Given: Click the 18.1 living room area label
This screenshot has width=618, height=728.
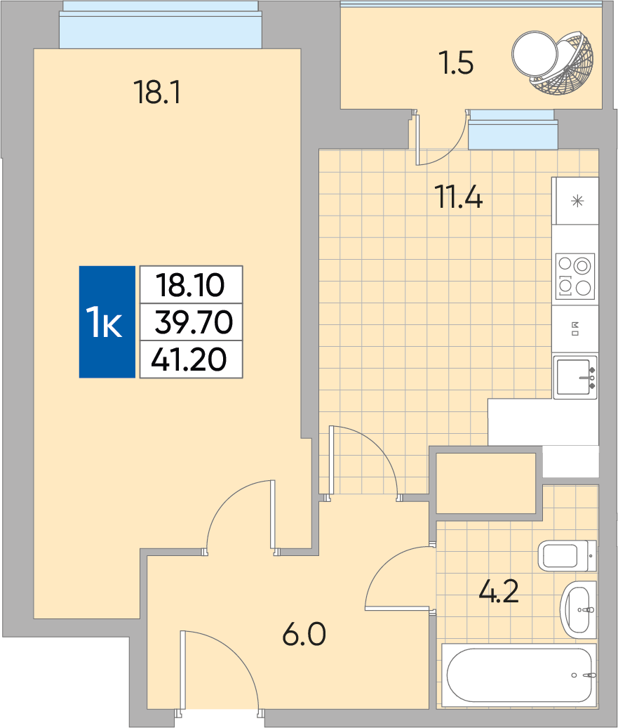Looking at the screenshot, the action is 157,92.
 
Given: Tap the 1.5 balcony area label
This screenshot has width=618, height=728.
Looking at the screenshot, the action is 457,63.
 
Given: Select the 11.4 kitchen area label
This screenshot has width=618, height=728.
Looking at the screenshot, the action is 458,197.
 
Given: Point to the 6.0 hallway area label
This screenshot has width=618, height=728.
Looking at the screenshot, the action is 304,635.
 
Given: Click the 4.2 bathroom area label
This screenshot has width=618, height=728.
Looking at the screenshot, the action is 498,592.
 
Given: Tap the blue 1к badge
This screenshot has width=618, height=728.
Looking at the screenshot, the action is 107,322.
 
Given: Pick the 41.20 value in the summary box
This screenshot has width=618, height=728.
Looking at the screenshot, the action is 189,359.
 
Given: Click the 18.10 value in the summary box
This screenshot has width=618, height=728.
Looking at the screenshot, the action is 190,285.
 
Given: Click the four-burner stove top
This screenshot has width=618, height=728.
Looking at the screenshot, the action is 575,277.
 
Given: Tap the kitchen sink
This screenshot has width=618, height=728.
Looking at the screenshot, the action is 575,378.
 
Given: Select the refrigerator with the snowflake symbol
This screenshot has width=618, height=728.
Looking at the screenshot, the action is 575,201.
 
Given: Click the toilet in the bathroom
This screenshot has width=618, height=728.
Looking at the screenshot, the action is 567,555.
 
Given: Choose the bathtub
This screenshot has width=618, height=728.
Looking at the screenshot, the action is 519,675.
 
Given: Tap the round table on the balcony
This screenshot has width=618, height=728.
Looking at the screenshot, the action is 535,53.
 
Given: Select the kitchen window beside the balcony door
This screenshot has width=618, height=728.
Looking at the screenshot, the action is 513,129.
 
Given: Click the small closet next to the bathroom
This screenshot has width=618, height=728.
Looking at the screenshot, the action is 486,483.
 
